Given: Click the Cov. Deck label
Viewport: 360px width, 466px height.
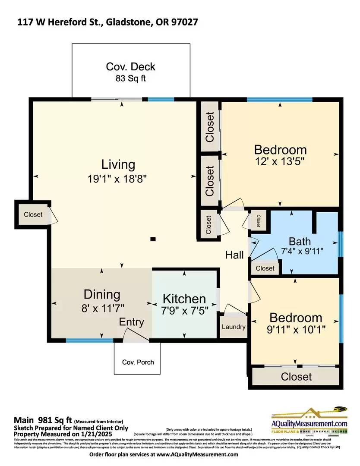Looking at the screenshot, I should [x=130, y=67].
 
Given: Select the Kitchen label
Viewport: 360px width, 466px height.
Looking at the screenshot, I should [x=184, y=299].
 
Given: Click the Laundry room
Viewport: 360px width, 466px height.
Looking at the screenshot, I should [x=234, y=327].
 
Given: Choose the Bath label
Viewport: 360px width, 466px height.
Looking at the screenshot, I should [x=300, y=241].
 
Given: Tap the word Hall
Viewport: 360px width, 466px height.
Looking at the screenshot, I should [x=234, y=255].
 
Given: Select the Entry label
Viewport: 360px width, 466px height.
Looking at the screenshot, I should [x=132, y=322].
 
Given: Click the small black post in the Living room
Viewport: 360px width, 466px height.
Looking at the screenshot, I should [x=153, y=239].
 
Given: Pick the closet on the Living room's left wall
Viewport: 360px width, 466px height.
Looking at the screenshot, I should [x=33, y=214].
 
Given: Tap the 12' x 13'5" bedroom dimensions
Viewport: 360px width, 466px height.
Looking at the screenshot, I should [x=281, y=162].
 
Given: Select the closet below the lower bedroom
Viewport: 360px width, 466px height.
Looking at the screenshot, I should [x=296, y=376].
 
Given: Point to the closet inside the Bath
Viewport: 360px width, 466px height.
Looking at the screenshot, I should [x=265, y=268].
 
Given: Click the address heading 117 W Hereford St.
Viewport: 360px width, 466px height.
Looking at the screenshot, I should [x=107, y=22].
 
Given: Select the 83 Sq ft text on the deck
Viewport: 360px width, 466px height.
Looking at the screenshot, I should [x=130, y=79].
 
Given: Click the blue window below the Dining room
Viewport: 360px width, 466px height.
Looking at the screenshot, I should [x=89, y=341].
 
